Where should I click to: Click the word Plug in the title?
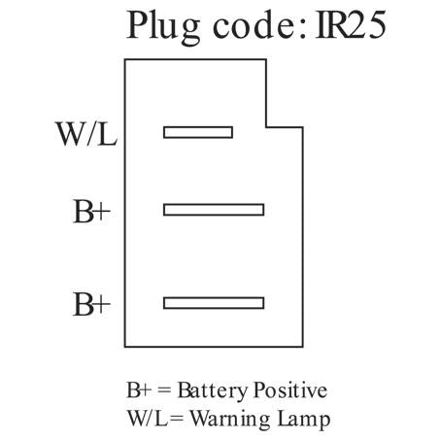click(163, 27)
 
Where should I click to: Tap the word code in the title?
click(254, 25)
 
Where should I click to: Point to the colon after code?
click(302, 28)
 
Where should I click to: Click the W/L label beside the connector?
click(86, 133)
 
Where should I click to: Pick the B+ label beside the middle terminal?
click(92, 212)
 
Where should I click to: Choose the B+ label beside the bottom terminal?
click(92, 304)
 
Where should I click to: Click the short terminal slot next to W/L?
click(198, 132)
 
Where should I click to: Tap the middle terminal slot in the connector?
click(214, 210)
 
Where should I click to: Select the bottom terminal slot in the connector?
click(214, 303)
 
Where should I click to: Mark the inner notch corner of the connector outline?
click(266, 127)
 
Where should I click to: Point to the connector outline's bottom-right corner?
click(303, 347)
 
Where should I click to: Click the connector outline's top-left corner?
click(125, 59)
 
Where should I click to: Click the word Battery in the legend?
click(213, 390)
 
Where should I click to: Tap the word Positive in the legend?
click(290, 389)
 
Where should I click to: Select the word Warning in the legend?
click(230, 419)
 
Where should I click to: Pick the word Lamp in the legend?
click(304, 420)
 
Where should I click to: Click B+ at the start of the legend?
click(139, 389)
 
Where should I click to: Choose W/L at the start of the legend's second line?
click(149, 418)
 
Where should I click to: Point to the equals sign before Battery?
click(164, 390)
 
